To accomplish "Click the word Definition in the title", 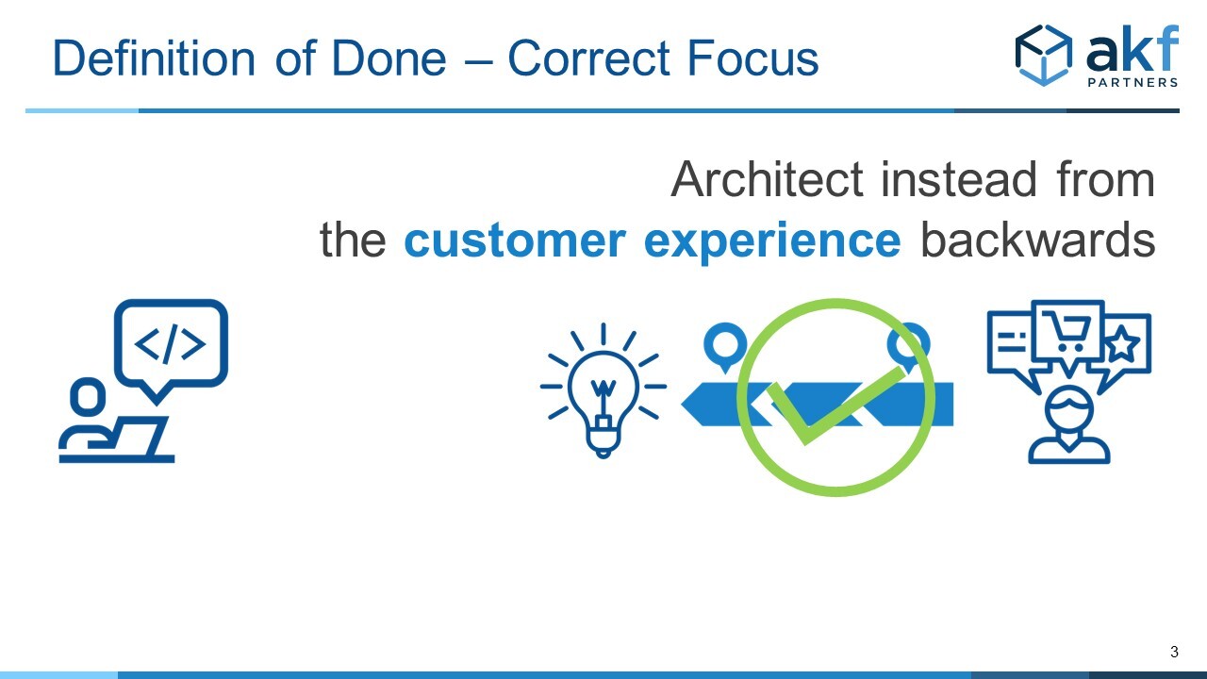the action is coord(154,58).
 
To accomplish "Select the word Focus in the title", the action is coord(753,58).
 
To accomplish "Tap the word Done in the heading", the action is coord(389,58).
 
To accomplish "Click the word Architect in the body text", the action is coord(768,179).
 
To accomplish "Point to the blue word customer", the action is coord(515,240).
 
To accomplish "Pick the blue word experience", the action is coord(772,242).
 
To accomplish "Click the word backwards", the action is coord(1037,239).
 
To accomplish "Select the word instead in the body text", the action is coord(959,179).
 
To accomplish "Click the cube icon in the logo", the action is coord(1044,55).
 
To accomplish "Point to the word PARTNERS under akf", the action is coord(1133,82).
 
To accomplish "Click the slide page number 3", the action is coord(1174,652).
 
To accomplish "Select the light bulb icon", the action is coord(603,390).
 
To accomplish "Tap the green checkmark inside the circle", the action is coord(835,406).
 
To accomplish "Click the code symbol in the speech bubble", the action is coord(170,344).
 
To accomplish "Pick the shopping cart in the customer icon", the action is coord(1066,332).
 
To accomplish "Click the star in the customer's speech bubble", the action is coord(1123,342).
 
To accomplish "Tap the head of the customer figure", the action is coord(1069,410).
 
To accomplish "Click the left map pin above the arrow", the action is coord(725,345).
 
